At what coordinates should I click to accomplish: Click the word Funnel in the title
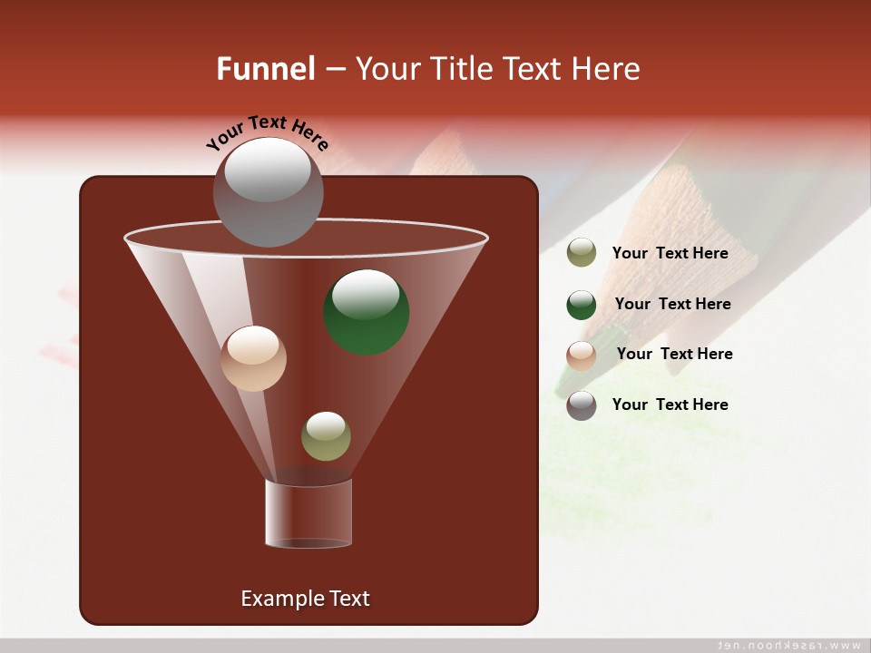[x=265, y=69]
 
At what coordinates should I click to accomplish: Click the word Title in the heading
[x=460, y=69]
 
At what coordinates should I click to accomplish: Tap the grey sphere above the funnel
[x=268, y=191]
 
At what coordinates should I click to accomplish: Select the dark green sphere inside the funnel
[x=367, y=311]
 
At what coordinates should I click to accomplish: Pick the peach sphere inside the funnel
[x=253, y=358]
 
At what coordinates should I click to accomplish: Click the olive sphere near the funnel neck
[x=326, y=436]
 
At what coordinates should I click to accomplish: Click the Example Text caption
[x=305, y=599]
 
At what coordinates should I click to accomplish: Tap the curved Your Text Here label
[x=267, y=132]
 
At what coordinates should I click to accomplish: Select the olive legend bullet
[x=582, y=253]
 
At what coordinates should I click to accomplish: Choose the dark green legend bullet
[x=582, y=305]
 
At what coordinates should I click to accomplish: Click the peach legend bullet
[x=582, y=356]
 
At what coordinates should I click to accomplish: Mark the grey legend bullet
[x=582, y=405]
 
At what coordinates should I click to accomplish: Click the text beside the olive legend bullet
[x=670, y=253]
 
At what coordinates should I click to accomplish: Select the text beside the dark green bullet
[x=672, y=304]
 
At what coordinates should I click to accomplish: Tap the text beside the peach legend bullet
[x=674, y=354]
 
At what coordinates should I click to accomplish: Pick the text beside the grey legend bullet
[x=670, y=404]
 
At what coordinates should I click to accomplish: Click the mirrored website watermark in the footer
[x=788, y=645]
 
